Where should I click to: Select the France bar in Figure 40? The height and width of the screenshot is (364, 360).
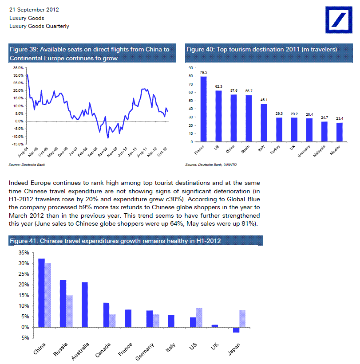pos(204,109)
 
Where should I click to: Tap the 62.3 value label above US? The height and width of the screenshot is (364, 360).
pos(218,86)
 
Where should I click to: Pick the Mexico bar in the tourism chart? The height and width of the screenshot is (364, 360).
pos(340,132)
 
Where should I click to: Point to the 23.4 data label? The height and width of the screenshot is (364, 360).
pos(340,118)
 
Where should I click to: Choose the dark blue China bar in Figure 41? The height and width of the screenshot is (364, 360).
pos(41,293)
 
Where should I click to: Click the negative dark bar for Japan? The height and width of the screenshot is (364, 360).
pos(236,330)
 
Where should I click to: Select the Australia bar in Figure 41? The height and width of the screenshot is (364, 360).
pos(85,305)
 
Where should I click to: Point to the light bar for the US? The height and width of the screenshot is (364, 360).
pos(198,317)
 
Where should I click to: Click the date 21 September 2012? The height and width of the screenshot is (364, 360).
pos(34,9)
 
